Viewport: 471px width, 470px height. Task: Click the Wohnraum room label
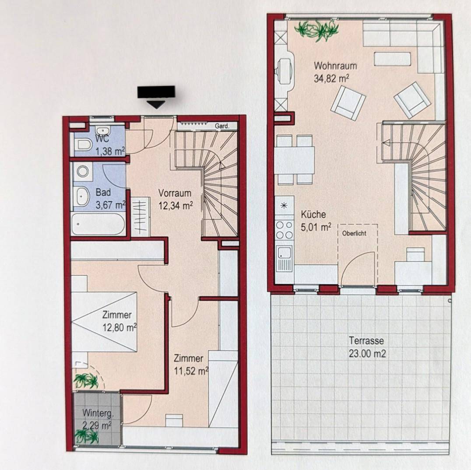(x=335, y=66)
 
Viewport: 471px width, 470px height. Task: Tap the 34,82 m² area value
(x=331, y=78)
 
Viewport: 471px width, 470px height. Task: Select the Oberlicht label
(x=354, y=233)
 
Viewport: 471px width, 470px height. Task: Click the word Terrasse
(x=366, y=340)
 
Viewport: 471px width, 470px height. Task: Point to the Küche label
(x=313, y=214)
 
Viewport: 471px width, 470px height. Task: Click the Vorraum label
(x=175, y=193)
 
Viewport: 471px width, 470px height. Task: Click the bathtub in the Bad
(x=98, y=224)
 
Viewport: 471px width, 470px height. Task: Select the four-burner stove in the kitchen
(x=284, y=230)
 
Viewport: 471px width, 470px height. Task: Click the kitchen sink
(x=284, y=258)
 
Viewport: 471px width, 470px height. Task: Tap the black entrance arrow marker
(x=156, y=97)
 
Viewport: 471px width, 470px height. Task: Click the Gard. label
(x=222, y=126)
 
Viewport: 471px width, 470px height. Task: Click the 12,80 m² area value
(x=120, y=327)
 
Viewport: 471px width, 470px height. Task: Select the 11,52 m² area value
(x=191, y=371)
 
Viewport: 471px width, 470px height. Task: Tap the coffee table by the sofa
(x=392, y=59)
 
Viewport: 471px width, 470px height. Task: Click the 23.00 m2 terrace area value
(x=367, y=354)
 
